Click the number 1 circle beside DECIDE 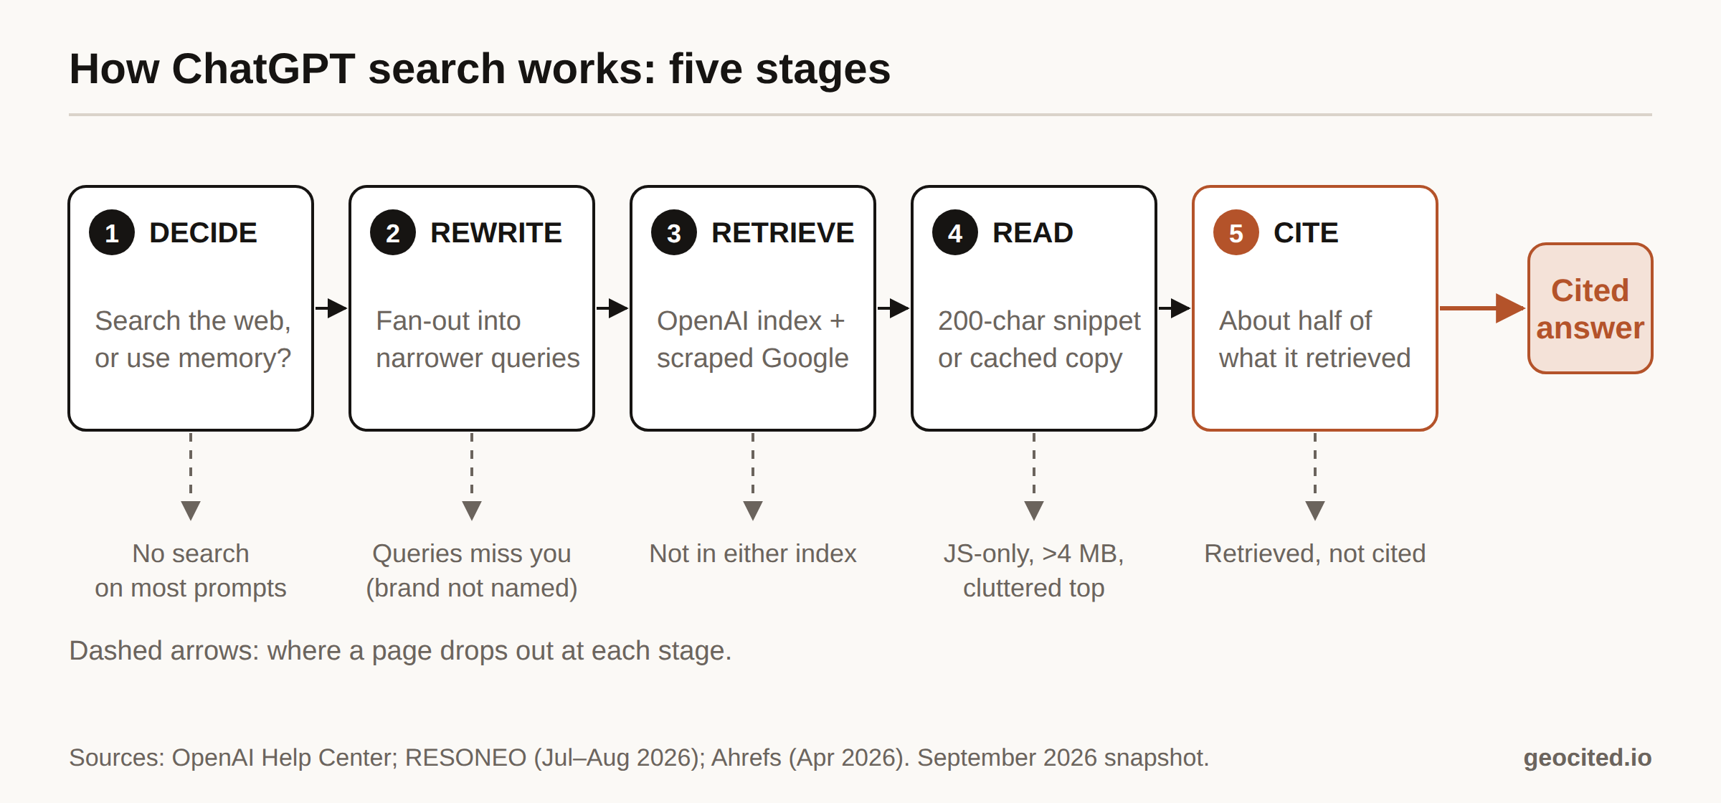112,233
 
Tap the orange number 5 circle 1236,233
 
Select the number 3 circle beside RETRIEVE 674,233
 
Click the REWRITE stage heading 496,233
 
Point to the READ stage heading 1033,233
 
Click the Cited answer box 1590,308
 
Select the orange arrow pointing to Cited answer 1482,308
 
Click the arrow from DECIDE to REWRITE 331,308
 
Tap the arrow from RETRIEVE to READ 893,308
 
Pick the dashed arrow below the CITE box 1315,477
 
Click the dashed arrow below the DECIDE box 191,477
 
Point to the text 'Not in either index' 753,553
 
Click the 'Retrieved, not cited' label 1315,553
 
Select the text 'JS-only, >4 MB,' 1034,553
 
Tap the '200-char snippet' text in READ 1039,321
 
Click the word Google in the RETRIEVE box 805,358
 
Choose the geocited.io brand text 1588,758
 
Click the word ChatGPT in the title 263,69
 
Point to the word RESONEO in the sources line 465,758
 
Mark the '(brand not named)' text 472,588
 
